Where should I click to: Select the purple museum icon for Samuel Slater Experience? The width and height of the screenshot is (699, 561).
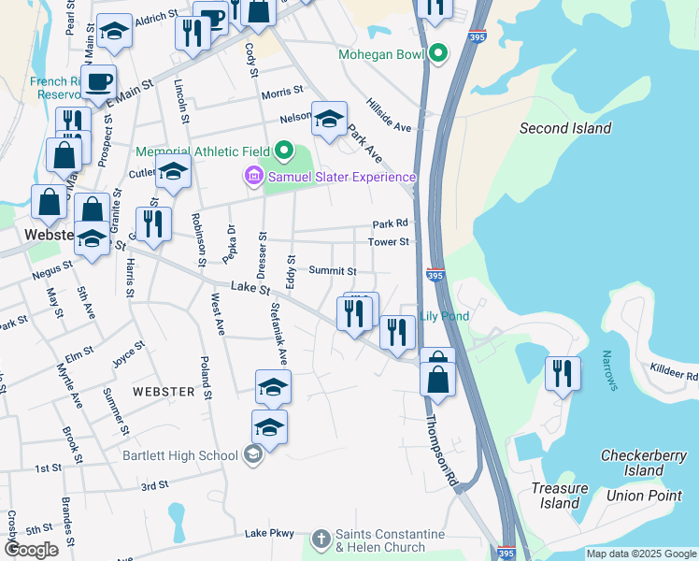pyautogui.click(x=252, y=176)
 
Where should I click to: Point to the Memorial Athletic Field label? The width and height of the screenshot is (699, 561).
pyautogui.click(x=202, y=151)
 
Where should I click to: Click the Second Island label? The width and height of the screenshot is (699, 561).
pyautogui.click(x=565, y=128)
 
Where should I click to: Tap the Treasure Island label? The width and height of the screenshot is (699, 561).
pyautogui.click(x=561, y=496)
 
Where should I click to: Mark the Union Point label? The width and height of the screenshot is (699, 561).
pyautogui.click(x=644, y=495)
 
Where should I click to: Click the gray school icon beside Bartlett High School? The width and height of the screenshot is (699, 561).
pyautogui.click(x=250, y=455)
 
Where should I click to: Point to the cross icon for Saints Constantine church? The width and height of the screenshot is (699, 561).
pyautogui.click(x=321, y=539)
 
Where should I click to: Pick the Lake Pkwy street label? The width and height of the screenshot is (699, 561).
pyautogui.click(x=269, y=534)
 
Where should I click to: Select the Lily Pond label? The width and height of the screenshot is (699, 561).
pyautogui.click(x=444, y=316)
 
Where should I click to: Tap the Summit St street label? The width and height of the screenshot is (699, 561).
pyautogui.click(x=333, y=271)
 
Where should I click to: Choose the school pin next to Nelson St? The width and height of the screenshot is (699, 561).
pyautogui.click(x=329, y=118)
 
